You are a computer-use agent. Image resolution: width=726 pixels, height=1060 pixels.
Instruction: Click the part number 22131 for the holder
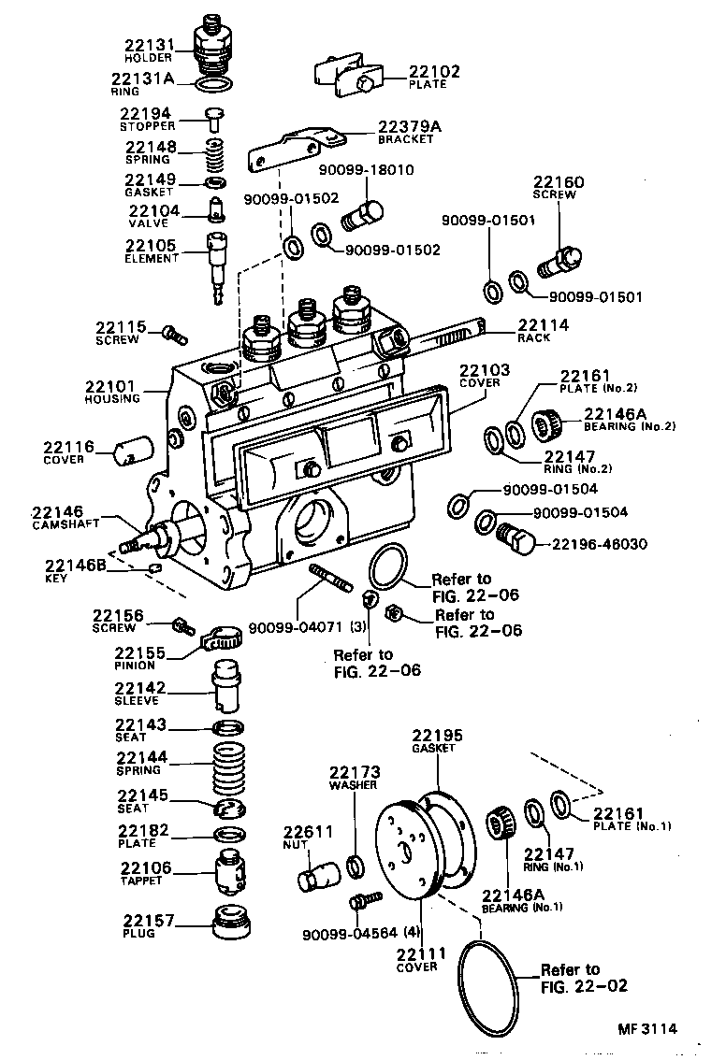(x=149, y=44)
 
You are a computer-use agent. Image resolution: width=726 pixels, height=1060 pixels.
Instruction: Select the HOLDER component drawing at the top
(x=214, y=43)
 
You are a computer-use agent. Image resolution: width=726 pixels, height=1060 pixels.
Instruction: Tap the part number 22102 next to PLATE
(x=433, y=71)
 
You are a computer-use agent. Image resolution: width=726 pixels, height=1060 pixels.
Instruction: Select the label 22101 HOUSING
(x=112, y=386)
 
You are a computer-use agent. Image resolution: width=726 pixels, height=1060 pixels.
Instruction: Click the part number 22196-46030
(x=601, y=543)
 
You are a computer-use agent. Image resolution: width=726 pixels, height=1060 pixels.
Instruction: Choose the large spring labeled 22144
(x=228, y=769)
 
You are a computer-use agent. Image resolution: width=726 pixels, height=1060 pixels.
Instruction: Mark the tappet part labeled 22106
(x=229, y=872)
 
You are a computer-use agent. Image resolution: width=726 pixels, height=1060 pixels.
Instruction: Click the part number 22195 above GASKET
(x=437, y=736)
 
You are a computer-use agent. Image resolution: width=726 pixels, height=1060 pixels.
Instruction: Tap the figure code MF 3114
(x=646, y=1029)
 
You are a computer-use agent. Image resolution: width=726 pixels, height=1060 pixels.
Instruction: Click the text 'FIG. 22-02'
(x=585, y=985)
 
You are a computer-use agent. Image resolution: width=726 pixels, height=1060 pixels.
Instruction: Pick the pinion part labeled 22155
(x=223, y=640)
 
